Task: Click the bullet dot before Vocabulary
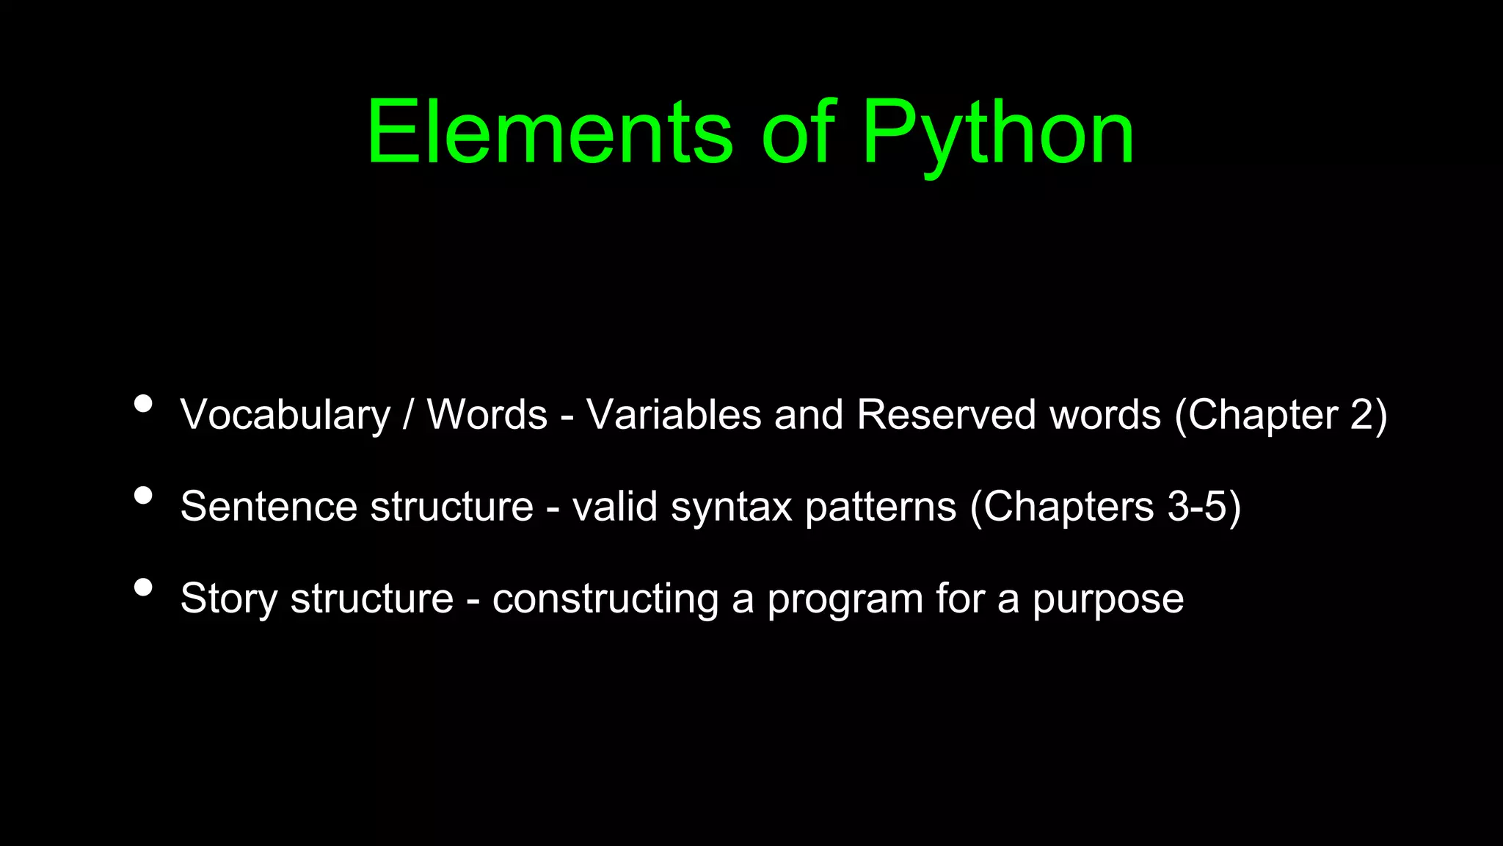click(x=144, y=404)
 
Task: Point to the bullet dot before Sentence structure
click(x=144, y=496)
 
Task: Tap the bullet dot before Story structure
click(x=144, y=587)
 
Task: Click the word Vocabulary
click(x=285, y=416)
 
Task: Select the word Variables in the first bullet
click(x=674, y=414)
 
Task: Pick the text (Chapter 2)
click(x=1281, y=416)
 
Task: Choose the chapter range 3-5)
click(x=1204, y=507)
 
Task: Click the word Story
click(x=229, y=599)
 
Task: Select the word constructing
click(x=605, y=599)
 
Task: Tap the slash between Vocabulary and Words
click(x=408, y=415)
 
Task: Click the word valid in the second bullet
click(x=615, y=507)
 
